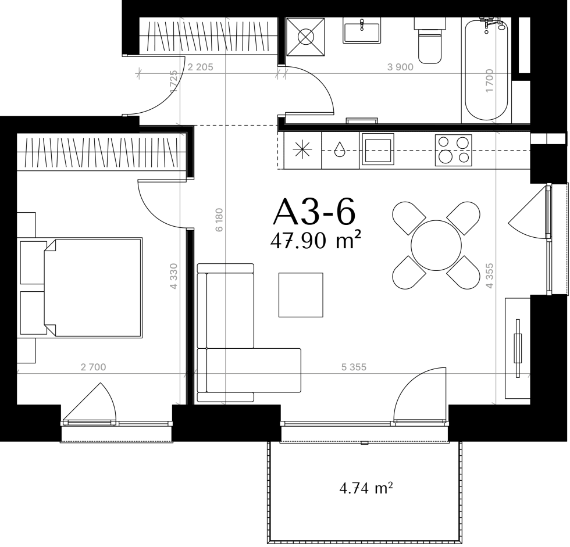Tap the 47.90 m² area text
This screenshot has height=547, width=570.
(x=315, y=241)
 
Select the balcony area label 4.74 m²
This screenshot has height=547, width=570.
(x=366, y=488)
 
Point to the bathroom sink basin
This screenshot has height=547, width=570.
(x=362, y=30)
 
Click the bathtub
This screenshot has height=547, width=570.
(x=486, y=70)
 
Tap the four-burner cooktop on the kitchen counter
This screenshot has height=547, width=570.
(x=453, y=150)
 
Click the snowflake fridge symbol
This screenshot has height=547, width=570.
(x=302, y=150)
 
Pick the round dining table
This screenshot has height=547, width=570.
(x=436, y=245)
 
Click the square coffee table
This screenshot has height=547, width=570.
(x=301, y=295)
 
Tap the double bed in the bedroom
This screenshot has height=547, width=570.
(x=81, y=288)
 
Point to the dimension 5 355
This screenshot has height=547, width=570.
(x=354, y=367)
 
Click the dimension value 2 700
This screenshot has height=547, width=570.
(x=94, y=367)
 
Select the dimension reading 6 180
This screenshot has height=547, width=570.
(x=219, y=220)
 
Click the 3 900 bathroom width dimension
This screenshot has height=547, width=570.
(x=400, y=67)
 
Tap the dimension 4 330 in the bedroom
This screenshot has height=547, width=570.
(x=174, y=276)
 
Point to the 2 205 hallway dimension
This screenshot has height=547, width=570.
(x=200, y=67)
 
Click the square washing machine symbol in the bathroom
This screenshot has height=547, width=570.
(x=305, y=37)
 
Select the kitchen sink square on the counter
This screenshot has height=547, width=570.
(x=377, y=149)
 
